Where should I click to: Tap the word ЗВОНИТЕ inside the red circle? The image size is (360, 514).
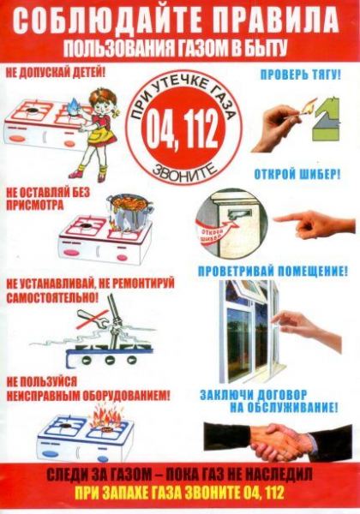179,171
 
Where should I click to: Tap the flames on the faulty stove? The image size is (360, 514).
111,424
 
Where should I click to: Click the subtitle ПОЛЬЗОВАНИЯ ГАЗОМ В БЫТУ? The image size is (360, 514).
180,45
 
